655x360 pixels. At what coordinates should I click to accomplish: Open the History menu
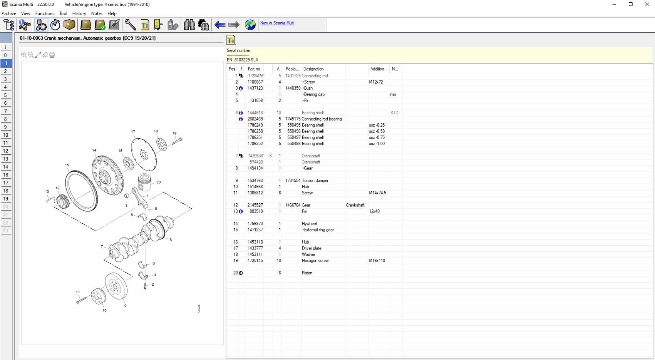click(x=79, y=13)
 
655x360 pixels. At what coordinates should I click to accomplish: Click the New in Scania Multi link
click(x=277, y=23)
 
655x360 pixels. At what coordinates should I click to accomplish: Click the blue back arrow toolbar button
click(x=220, y=25)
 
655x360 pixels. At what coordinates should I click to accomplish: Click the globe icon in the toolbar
click(x=250, y=25)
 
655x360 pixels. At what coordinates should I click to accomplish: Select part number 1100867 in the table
click(x=255, y=82)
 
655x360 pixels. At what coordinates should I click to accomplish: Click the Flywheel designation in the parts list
click(x=309, y=224)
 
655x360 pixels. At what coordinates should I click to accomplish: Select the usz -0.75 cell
click(x=376, y=137)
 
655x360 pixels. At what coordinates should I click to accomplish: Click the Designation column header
click(x=313, y=69)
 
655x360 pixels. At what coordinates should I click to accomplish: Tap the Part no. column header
click(x=254, y=69)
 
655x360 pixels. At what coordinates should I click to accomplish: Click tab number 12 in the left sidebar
click(x=6, y=151)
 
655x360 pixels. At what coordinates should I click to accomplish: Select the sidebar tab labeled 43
click(x=6, y=231)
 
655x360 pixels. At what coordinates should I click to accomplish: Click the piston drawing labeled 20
click(x=145, y=182)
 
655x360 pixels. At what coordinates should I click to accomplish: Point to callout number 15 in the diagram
click(x=67, y=165)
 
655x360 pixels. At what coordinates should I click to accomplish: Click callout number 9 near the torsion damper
click(x=125, y=306)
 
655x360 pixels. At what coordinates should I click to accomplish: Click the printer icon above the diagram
click(x=52, y=55)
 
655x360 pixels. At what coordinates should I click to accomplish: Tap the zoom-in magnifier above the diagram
click(x=24, y=55)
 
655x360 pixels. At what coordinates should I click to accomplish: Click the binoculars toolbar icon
click(x=189, y=25)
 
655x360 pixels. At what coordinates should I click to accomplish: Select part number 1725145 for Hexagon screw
click(x=255, y=261)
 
